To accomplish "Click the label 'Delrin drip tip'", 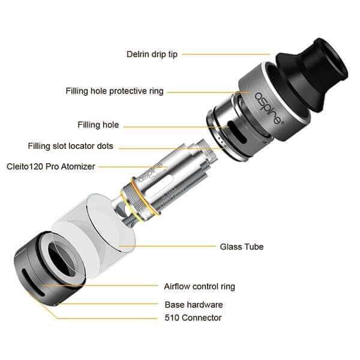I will [152, 53].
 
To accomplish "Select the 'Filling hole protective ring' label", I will [115, 91].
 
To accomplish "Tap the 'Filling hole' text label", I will [98, 125].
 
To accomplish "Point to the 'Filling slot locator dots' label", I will [71, 146].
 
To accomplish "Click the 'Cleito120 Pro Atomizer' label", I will [51, 166].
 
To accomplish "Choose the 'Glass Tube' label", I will [242, 247].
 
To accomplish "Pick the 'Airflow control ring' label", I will [200, 286].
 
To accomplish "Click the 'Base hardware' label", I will [194, 304].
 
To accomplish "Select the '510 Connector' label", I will [193, 318].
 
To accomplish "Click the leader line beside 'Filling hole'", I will [174, 125].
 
